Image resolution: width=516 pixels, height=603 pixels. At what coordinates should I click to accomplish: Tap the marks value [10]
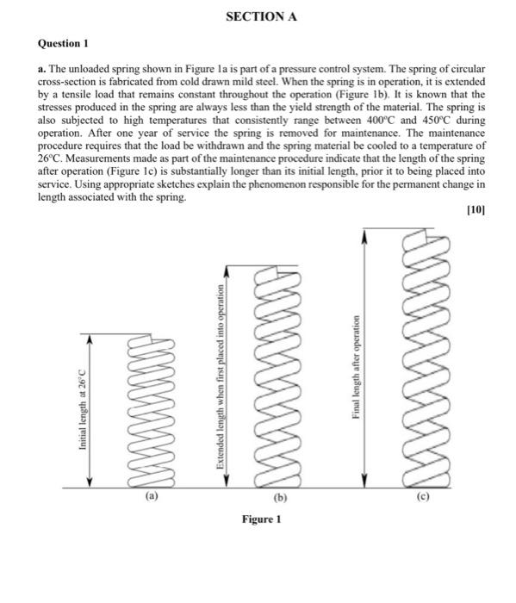[475, 208]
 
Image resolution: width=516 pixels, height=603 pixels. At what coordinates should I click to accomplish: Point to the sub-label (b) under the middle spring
[281, 498]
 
